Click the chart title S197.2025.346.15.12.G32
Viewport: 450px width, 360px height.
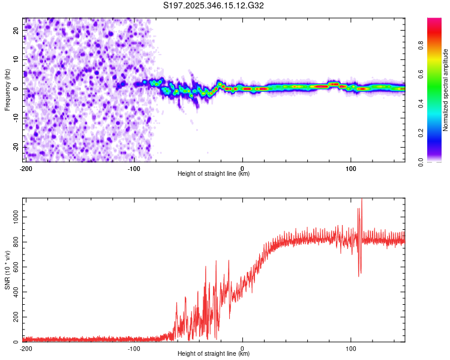[x=214, y=6]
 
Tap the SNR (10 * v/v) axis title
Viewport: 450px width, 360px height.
[x=7, y=270]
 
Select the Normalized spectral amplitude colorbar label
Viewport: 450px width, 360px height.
[x=445, y=90]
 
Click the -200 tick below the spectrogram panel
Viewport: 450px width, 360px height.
[x=25, y=168]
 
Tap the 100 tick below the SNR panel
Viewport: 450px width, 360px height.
[x=351, y=348]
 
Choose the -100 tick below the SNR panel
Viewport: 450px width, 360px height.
[x=133, y=348]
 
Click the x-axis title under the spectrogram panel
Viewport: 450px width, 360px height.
[x=214, y=174]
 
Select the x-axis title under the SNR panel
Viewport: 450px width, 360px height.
[x=214, y=354]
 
